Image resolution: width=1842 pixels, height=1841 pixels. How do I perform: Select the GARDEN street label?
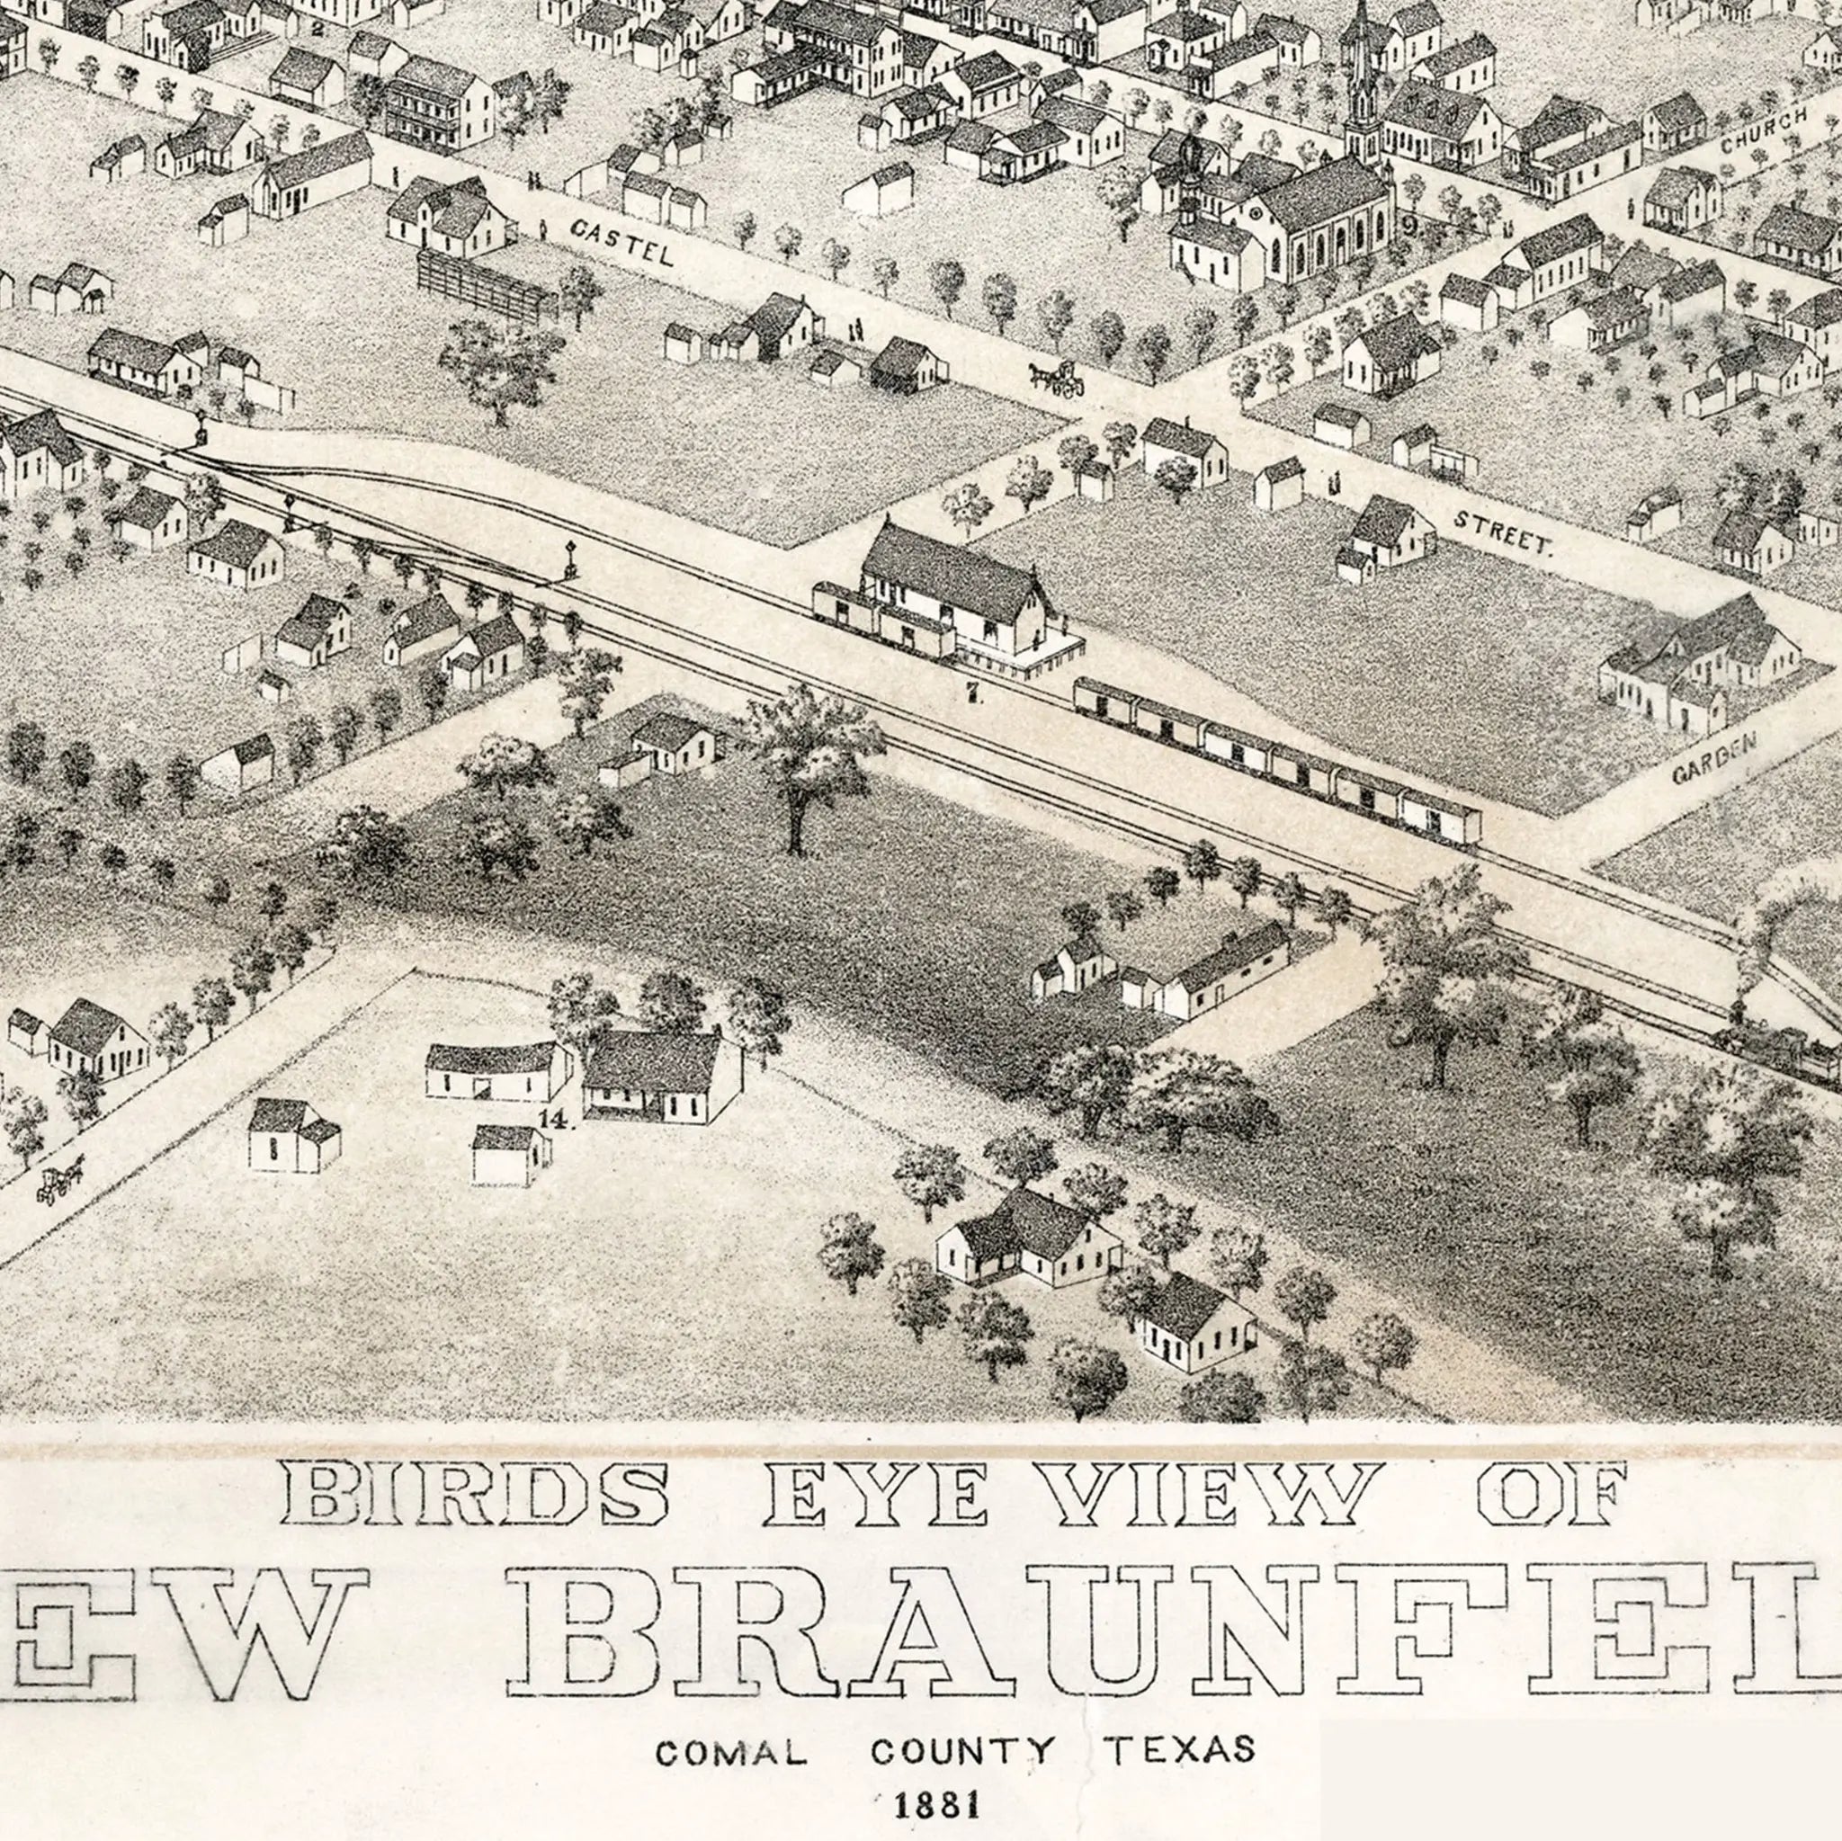1714,757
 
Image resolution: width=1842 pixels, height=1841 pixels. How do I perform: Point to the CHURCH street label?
1764,131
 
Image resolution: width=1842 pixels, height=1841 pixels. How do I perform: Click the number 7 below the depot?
972,695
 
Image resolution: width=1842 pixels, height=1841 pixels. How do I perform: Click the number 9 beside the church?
1409,227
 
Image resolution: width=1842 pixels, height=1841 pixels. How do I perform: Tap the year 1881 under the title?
937,1804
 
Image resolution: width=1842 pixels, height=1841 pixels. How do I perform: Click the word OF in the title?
1551,1493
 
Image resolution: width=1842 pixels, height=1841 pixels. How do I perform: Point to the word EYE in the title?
874,1493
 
